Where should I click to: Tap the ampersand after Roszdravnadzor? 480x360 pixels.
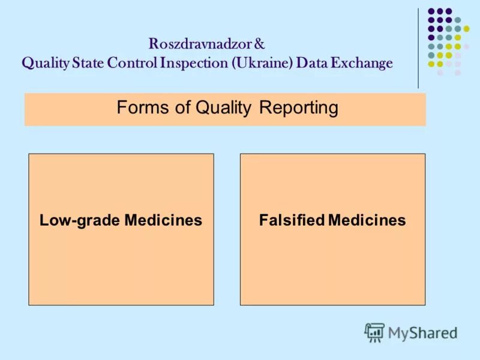[x=259, y=44]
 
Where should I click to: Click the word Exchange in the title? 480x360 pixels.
[x=360, y=63]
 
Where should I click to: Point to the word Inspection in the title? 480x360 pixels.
[x=193, y=63]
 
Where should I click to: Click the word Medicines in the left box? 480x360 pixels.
[x=163, y=221]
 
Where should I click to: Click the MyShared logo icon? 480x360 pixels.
[x=374, y=332]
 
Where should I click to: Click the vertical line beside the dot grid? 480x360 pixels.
[x=418, y=48]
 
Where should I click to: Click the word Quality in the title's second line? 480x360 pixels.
[x=45, y=63]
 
